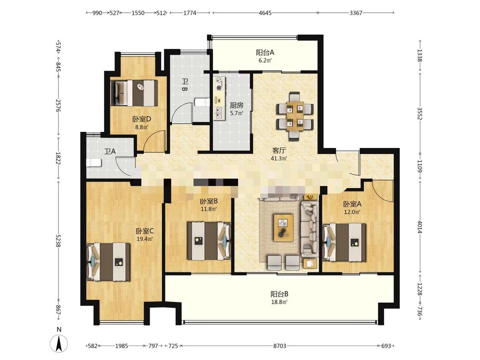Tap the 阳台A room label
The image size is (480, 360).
coord(265,52)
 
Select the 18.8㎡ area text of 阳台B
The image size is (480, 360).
coord(279,302)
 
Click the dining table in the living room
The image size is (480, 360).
coord(294,116)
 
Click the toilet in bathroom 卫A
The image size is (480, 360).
coord(94,163)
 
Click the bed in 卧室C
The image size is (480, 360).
coord(108,262)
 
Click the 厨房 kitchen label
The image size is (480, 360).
coord(237,105)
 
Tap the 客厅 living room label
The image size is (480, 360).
coord(279,151)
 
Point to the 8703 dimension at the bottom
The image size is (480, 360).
coord(279,346)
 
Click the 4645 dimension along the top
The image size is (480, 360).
coord(265,13)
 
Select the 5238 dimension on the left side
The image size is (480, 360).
coord(58,241)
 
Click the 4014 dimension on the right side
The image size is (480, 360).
coord(420,227)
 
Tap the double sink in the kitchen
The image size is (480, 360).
coord(219,113)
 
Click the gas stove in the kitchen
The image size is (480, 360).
coord(219,84)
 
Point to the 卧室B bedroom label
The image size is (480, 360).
coord(209,201)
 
